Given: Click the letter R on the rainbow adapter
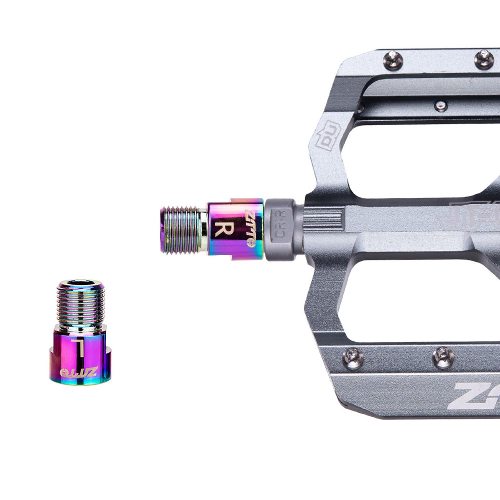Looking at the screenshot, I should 224,229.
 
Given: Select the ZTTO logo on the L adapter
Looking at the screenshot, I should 79,372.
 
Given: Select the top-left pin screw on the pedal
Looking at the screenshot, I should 392,60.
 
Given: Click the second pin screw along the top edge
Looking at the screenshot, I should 483,58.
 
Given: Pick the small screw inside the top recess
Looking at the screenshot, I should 440,106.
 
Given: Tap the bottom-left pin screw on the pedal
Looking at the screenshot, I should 353,358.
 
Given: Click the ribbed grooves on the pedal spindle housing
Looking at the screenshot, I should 324,217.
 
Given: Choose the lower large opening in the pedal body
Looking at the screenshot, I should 416,300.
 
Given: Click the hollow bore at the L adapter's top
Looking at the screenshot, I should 81,283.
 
